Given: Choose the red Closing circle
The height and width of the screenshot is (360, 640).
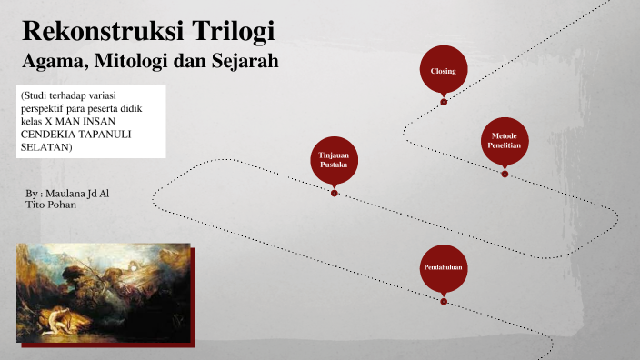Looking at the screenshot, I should pyautogui.click(x=443, y=71).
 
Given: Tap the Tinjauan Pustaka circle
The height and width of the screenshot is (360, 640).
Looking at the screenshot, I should pyautogui.click(x=334, y=161).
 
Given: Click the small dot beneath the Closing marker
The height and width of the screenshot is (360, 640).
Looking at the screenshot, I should pyautogui.click(x=444, y=102).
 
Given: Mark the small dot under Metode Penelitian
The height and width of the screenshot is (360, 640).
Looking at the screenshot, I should pyautogui.click(x=505, y=174).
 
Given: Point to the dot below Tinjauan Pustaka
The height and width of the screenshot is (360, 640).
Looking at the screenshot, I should pyautogui.click(x=335, y=194).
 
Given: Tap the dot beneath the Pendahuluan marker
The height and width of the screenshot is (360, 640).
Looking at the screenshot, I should pyautogui.click(x=444, y=301).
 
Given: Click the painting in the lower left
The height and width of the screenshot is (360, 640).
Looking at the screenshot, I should pyautogui.click(x=103, y=295).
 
